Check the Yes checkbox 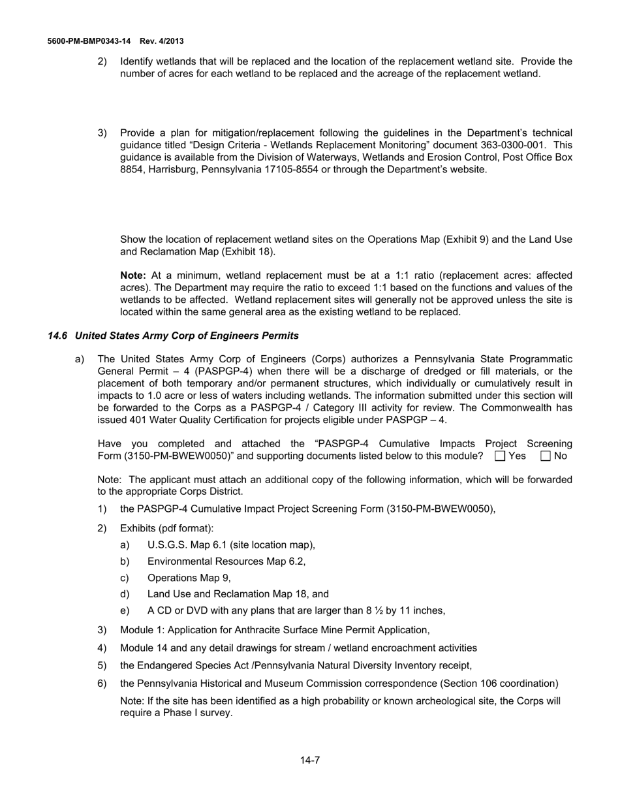point(501,456)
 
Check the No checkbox point(546,456)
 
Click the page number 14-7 point(310,760)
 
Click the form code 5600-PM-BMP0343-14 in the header point(89,41)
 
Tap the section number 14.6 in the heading point(57,336)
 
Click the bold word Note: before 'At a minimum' point(134,276)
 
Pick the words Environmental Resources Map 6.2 point(225,561)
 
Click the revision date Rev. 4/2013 point(161,41)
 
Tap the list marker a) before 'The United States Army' point(80,359)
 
